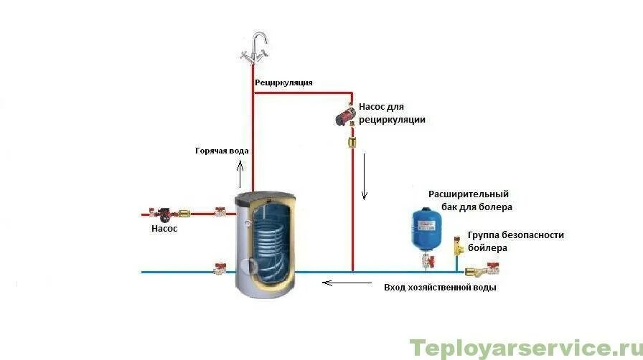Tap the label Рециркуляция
point(284,82)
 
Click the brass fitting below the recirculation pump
point(352,142)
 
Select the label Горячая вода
point(222,151)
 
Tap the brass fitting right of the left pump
point(185,212)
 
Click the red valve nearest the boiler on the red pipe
point(221,212)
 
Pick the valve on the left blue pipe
point(220,270)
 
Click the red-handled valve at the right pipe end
point(492,270)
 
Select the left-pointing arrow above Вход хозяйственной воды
point(337,283)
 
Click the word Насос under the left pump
point(164,229)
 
